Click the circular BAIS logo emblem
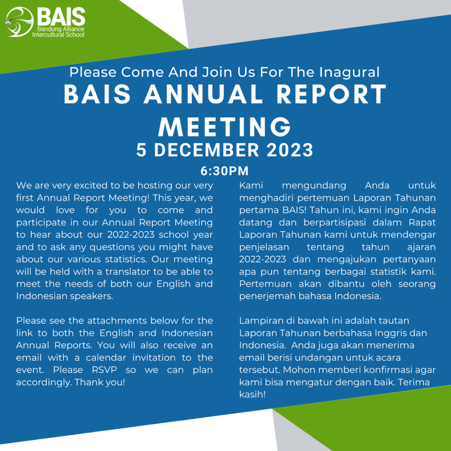pyautogui.click(x=19, y=22)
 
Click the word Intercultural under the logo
pyautogui.click(x=48, y=35)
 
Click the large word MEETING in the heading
pyautogui.click(x=225, y=127)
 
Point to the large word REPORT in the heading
pyautogui.click(x=331, y=94)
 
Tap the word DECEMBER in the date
pyautogui.click(x=207, y=150)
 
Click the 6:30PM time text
pyautogui.click(x=225, y=171)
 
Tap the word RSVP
pyautogui.click(x=104, y=370)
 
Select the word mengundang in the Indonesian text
pyautogui.click(x=314, y=186)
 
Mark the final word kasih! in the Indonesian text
pyautogui.click(x=252, y=394)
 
